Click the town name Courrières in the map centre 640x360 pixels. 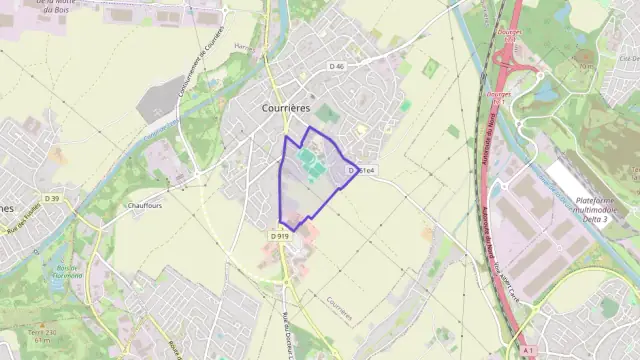tap(285, 106)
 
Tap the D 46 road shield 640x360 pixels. tap(336, 67)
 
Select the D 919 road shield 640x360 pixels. tap(280, 236)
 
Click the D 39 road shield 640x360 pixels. tap(52, 198)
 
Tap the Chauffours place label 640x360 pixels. tap(145, 205)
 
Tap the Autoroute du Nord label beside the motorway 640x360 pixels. tap(489, 140)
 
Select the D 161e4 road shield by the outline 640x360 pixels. tap(361, 171)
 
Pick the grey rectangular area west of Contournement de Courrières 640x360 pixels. tap(160, 101)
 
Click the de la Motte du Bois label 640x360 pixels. tap(58, 3)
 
